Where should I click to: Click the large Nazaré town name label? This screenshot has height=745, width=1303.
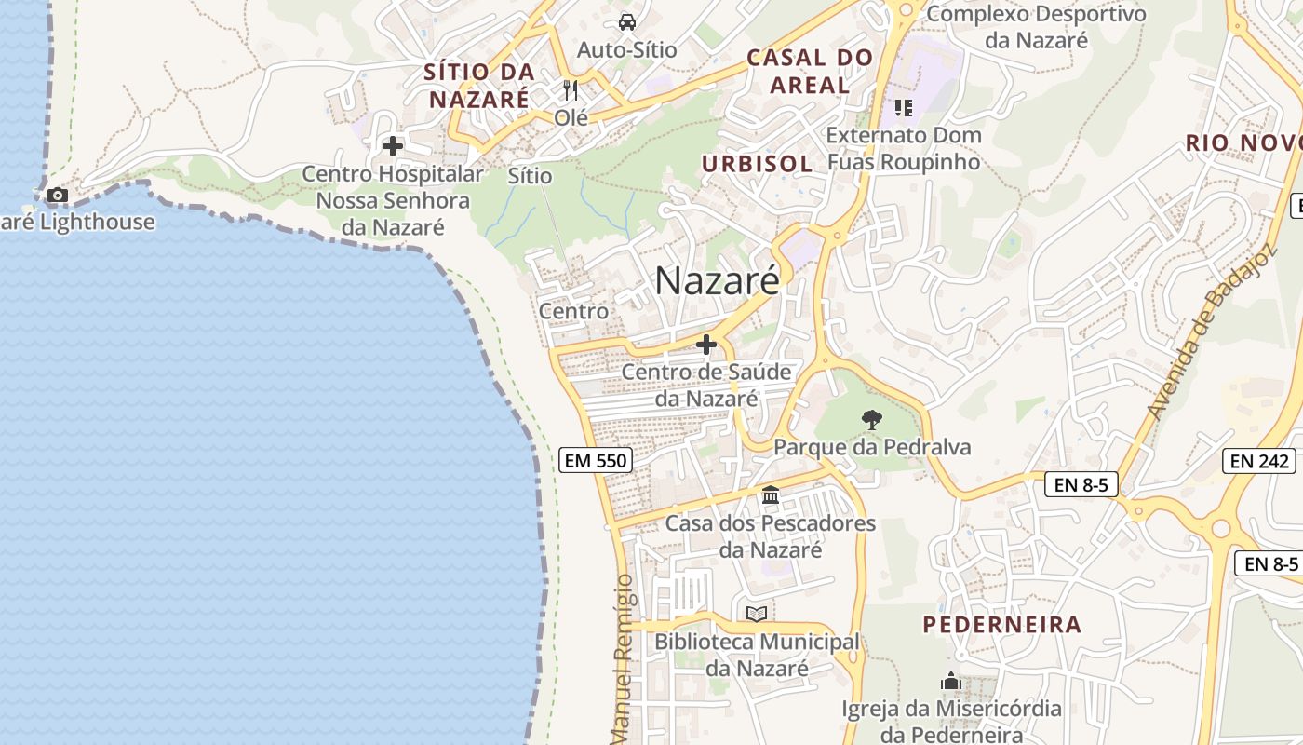pos(717,280)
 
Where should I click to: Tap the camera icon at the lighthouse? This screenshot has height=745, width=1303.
pos(58,196)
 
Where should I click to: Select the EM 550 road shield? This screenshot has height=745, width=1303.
pos(596,459)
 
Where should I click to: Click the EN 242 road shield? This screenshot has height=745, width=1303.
pos(1259,460)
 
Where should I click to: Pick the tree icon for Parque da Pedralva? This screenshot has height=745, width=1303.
pos(871,420)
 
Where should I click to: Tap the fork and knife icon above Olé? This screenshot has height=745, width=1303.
pos(571,90)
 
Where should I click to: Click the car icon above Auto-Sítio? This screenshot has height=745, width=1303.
pos(627,21)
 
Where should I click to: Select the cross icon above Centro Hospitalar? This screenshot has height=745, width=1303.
pos(393,146)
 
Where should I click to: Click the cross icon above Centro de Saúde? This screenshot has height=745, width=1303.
pos(706,345)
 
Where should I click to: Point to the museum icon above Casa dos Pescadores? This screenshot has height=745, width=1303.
pos(771,495)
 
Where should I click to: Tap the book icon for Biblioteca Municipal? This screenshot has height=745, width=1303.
pos(757,615)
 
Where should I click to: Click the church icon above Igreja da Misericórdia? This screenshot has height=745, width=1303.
pos(950,682)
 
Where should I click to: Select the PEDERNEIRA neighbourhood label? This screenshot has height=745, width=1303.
pos(1002,624)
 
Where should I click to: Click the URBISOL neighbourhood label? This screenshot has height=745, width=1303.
pos(757,164)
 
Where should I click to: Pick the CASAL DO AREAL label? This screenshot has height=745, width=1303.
pos(810,71)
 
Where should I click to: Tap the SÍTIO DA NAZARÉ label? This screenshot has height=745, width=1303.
pos(479,85)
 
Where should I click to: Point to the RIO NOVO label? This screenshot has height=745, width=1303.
pos(1243,143)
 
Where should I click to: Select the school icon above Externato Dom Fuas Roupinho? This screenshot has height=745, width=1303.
pos(903,108)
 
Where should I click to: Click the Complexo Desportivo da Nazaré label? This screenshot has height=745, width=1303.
pos(1036,26)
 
